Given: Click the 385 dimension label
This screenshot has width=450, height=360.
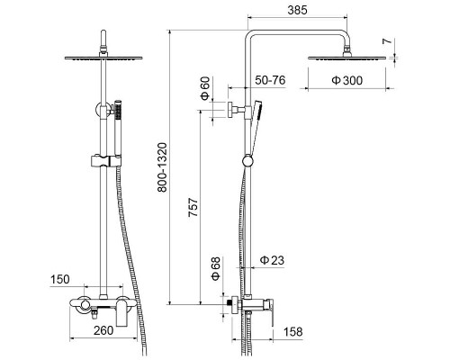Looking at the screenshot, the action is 297,10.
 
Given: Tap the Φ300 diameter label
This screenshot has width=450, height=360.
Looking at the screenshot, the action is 347,80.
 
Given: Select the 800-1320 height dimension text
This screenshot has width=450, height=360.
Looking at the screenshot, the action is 162,167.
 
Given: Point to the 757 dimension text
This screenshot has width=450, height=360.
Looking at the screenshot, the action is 193,207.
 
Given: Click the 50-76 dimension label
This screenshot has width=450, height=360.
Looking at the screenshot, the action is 270,80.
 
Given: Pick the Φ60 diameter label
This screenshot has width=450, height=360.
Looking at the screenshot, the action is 205,89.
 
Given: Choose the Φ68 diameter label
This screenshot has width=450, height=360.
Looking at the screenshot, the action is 216,268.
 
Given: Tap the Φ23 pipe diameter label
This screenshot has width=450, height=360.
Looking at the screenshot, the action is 272,260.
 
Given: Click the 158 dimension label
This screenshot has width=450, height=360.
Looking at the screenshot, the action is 293,332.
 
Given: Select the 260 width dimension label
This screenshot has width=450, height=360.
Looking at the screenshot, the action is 103,330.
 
